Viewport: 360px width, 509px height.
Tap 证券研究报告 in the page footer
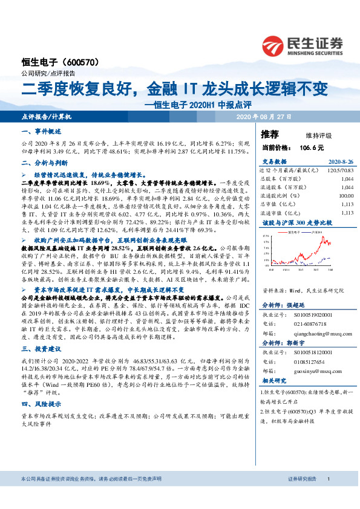pyautogui.click(x=303, y=495)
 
